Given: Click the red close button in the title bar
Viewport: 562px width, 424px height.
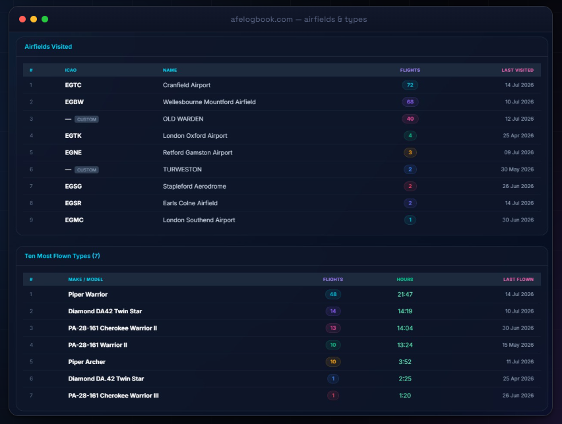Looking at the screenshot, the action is click(x=22, y=19).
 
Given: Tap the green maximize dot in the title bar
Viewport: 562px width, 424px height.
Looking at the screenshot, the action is click(x=45, y=19).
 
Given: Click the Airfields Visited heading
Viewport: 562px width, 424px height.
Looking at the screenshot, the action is click(x=48, y=47).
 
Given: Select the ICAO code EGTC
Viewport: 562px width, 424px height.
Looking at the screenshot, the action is click(x=73, y=85).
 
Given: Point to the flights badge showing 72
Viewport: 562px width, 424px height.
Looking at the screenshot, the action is click(x=410, y=85).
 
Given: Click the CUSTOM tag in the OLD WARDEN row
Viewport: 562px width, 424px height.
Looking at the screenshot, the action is click(x=86, y=119).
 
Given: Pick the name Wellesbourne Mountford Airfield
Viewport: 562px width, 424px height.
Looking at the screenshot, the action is click(x=209, y=102).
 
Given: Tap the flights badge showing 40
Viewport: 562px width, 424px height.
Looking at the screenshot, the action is click(x=410, y=119).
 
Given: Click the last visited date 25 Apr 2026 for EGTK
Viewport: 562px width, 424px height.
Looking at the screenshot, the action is click(x=518, y=135).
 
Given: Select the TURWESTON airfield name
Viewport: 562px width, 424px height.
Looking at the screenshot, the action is click(x=182, y=169).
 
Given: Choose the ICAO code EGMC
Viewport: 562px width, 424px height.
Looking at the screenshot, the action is click(x=74, y=220).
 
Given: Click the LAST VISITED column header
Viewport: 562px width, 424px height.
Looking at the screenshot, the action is click(x=518, y=71).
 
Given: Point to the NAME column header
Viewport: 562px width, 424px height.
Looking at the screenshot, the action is click(x=170, y=71).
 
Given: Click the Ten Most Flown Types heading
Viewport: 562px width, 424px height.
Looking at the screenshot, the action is click(x=62, y=256).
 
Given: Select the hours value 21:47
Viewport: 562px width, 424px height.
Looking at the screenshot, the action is click(x=405, y=294).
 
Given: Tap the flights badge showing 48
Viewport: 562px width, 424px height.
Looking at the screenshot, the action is click(x=333, y=294).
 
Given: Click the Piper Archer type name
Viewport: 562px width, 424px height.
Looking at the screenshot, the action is click(x=86, y=361).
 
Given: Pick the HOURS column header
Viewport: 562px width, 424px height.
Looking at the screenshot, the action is click(x=405, y=280).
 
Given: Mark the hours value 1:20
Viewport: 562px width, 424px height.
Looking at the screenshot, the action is click(x=405, y=396).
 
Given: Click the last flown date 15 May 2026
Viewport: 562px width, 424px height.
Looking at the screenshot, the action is click(x=518, y=345).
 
